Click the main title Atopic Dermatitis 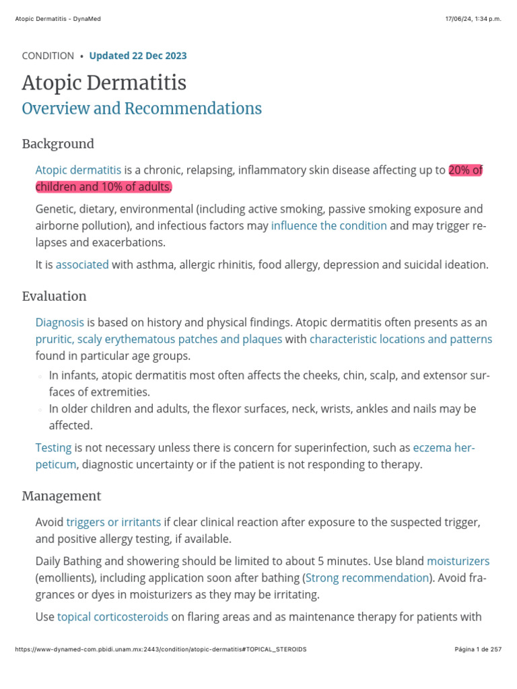click(x=104, y=83)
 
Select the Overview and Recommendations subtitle click(x=141, y=108)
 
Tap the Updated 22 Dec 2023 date click(x=138, y=56)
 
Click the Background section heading click(x=58, y=144)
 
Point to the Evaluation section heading click(x=54, y=296)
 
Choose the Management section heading click(x=61, y=496)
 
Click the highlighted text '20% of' click(x=466, y=170)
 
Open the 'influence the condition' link click(x=329, y=225)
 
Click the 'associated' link click(x=82, y=264)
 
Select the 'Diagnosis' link click(x=60, y=323)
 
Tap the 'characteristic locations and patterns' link click(x=401, y=339)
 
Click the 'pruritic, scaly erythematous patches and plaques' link click(x=159, y=339)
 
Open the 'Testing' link click(x=53, y=447)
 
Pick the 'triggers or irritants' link click(x=114, y=522)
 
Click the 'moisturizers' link click(x=458, y=560)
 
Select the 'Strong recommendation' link click(x=368, y=577)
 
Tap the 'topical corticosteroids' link click(x=112, y=616)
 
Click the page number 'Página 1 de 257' click(x=478, y=649)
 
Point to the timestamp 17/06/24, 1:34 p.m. click(x=473, y=19)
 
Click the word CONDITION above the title click(x=48, y=56)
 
